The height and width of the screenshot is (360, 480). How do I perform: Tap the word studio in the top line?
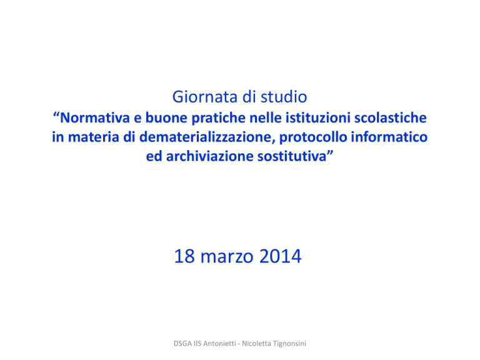click(284, 97)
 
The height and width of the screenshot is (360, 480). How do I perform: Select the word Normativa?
click(95, 118)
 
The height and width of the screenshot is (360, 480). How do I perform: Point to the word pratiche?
click(217, 119)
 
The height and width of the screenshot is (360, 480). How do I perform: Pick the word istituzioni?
click(317, 118)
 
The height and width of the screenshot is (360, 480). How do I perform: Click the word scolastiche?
click(390, 118)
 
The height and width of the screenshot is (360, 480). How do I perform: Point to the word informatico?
click(389, 137)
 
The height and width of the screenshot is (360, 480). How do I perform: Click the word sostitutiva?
click(292, 156)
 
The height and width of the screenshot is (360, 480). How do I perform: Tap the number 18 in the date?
click(184, 256)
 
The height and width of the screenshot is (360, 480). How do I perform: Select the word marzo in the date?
click(227, 257)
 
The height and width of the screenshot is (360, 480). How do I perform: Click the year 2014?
click(281, 256)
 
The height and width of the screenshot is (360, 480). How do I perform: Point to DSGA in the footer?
click(182, 344)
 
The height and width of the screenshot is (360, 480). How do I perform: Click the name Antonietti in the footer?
click(219, 344)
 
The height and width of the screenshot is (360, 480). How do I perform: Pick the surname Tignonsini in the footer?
click(289, 344)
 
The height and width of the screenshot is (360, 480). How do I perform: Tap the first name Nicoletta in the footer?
click(256, 344)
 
